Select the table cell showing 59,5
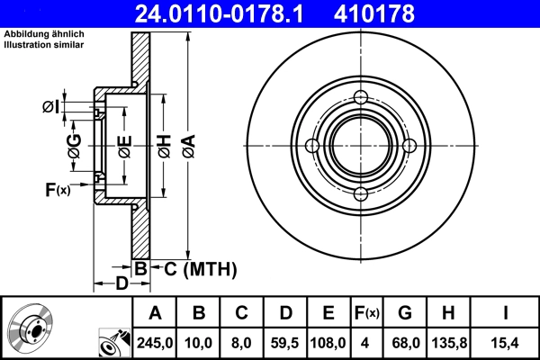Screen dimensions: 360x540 click(x=285, y=341)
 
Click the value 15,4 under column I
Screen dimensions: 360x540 click(x=507, y=341)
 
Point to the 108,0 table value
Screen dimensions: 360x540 click(x=328, y=341)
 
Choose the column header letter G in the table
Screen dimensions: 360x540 click(x=405, y=313)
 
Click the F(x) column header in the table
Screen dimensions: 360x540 click(x=367, y=313)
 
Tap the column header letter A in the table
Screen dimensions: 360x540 click(x=155, y=313)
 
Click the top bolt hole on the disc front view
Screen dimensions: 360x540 click(x=361, y=98)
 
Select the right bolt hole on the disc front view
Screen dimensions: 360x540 click(x=409, y=147)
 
